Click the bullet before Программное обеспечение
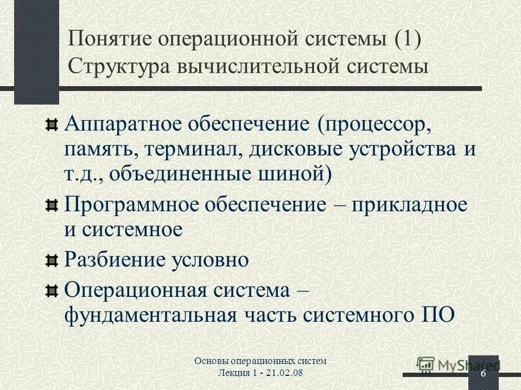pyautogui.click(x=51, y=206)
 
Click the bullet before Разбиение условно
pyautogui.click(x=51, y=261)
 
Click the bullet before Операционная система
pyautogui.click(x=51, y=291)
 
